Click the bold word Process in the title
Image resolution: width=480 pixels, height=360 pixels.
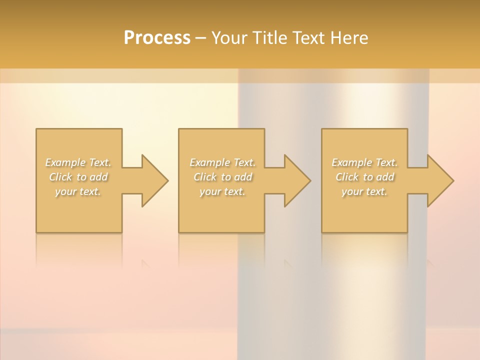(x=157, y=38)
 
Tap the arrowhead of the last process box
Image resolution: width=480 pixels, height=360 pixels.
(x=439, y=180)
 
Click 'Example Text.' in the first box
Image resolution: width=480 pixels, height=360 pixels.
(x=78, y=162)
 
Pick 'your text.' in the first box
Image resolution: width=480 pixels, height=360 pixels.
(x=78, y=191)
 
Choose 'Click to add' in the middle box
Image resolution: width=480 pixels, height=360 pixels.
(x=222, y=177)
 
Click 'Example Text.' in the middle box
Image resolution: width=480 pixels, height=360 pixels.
(x=222, y=162)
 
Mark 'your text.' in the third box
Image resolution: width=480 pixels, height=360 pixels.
(x=364, y=191)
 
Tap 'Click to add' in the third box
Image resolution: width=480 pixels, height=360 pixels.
(x=364, y=177)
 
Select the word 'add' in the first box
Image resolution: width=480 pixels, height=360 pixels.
(x=99, y=177)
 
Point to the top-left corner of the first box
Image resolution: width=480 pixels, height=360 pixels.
(x=36, y=129)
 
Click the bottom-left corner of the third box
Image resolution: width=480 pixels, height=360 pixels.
(x=322, y=232)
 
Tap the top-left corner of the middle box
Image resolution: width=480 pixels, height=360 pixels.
(x=179, y=129)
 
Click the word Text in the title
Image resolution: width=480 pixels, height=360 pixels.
(x=308, y=38)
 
